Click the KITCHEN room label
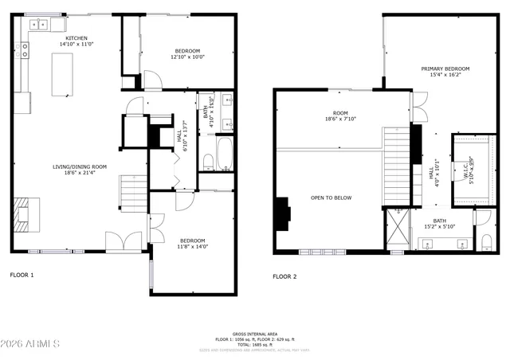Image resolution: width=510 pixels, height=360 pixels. tap(76, 37)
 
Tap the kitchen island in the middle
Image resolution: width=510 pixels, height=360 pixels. tap(60, 75)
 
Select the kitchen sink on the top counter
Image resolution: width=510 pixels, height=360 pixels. tap(38, 25)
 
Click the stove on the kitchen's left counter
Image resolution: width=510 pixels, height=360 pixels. tap(25, 51)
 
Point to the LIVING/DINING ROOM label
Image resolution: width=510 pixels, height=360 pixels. tap(80, 166)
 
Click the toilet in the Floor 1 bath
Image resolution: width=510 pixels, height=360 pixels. tap(208, 162)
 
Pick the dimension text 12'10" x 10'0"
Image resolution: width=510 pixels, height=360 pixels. tap(187, 57)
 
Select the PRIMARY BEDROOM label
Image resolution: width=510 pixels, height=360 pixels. tap(445, 68)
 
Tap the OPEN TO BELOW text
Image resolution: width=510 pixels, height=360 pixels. tap(331, 198)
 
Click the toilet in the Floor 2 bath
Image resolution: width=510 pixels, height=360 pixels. tap(484, 241)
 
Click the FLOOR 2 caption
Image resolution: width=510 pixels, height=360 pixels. tap(284, 276)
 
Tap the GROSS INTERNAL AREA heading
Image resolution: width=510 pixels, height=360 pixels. tap(255, 334)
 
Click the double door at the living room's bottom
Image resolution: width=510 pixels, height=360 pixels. tap(120, 240)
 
